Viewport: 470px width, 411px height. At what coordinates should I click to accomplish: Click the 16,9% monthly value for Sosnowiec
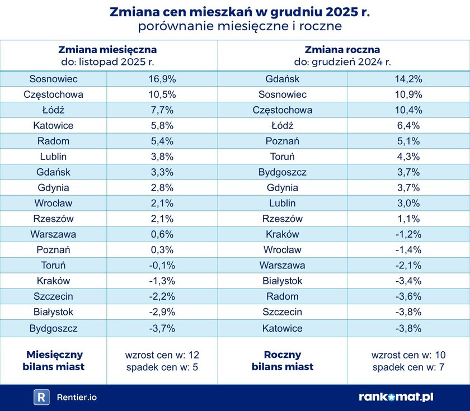(162, 79)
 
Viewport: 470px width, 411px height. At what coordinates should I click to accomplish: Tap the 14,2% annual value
(408, 79)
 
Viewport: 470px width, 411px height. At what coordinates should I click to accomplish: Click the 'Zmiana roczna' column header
(344, 50)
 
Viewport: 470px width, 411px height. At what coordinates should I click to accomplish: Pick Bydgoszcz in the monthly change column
(54, 328)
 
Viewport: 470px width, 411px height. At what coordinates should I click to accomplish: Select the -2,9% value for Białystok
(162, 313)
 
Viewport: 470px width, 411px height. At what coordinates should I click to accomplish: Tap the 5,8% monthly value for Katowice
(162, 126)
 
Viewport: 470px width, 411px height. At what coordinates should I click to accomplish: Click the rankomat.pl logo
(396, 398)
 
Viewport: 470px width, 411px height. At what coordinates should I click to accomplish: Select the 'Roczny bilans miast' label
(283, 361)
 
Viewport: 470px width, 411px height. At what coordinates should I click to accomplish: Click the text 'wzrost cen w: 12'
(162, 355)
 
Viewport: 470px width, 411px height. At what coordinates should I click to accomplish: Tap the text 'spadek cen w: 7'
(408, 367)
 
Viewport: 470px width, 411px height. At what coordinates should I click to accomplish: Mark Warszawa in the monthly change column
(54, 234)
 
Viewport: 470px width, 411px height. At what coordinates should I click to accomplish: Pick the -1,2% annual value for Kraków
(408, 234)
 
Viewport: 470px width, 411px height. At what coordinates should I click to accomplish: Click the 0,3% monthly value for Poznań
(162, 250)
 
